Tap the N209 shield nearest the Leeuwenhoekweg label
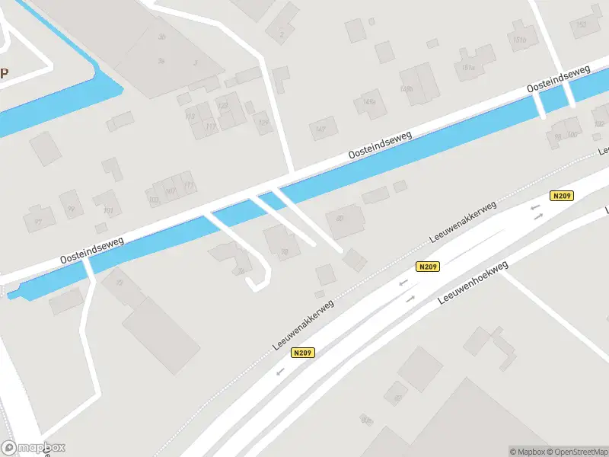tap(427, 267)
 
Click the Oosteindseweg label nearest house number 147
tap(380, 145)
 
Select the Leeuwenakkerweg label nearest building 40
tap(463, 222)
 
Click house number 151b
tap(520, 40)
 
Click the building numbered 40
tap(340, 219)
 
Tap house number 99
tap(71, 208)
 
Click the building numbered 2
tap(282, 34)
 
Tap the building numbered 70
tap(284, 251)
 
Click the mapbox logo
tap(33, 447)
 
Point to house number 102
tap(598, 124)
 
